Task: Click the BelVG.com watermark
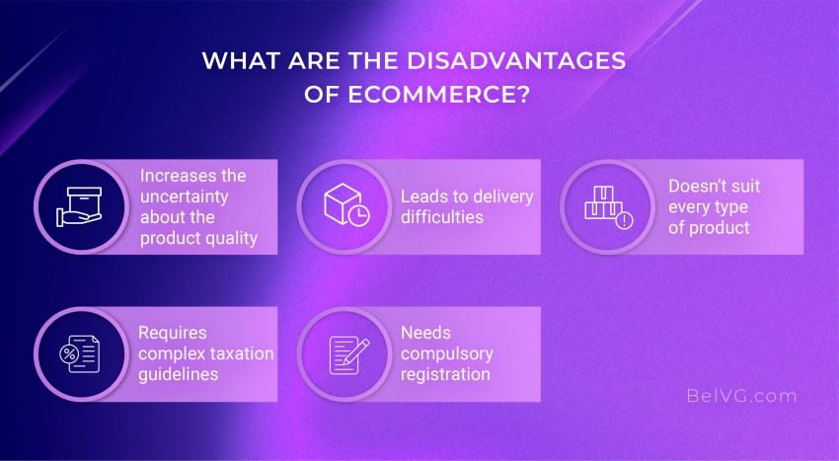coord(740,396)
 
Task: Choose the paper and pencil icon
coord(345,353)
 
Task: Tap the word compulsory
coord(446,353)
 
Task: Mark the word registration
coord(445,374)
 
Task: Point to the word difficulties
coord(443,217)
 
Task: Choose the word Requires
coord(174,333)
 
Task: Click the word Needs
coord(425,333)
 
